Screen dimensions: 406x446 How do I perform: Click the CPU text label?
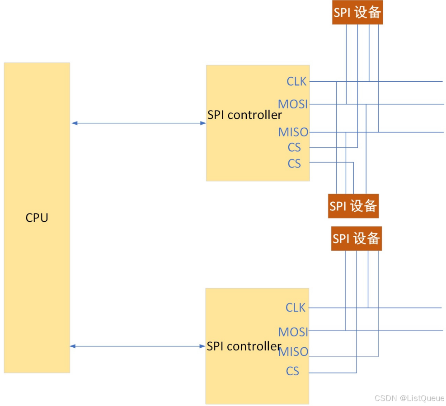click(37, 218)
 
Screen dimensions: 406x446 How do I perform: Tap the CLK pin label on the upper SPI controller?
click(296, 81)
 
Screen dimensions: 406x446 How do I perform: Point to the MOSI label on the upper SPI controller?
click(293, 104)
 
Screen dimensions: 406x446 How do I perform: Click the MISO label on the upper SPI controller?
click(293, 132)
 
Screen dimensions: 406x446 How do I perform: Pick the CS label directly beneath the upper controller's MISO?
click(294, 148)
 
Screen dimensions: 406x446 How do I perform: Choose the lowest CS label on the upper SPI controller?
click(294, 163)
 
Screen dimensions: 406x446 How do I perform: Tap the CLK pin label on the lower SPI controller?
click(296, 308)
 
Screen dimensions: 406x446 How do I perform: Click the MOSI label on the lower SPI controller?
click(293, 332)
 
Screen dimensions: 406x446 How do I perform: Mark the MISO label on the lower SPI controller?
click(293, 351)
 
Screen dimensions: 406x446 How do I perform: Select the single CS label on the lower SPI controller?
click(292, 371)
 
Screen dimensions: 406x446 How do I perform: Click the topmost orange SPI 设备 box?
click(357, 13)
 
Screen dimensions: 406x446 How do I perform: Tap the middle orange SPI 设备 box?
click(353, 206)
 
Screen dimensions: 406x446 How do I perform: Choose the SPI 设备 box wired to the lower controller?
click(356, 238)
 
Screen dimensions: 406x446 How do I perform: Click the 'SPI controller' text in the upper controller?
click(244, 115)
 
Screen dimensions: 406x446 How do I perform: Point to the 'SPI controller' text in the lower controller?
click(244, 346)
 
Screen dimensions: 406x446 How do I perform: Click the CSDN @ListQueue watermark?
click(409, 398)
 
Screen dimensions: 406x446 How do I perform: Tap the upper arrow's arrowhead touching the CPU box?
click(74, 123)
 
